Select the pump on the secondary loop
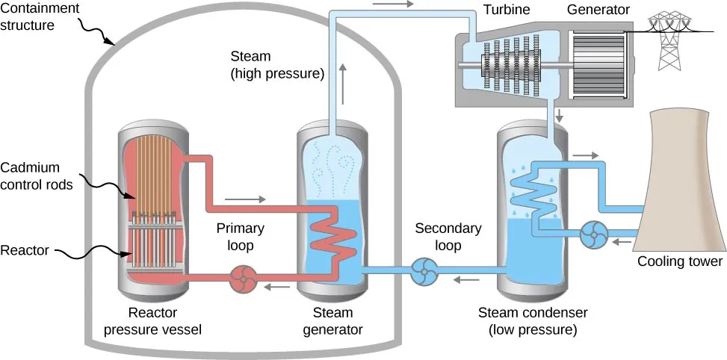(424, 271)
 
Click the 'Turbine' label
(525, 10)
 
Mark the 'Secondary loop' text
(448, 236)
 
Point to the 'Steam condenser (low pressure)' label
(532, 320)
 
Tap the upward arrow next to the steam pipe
(343, 82)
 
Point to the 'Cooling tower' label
(679, 261)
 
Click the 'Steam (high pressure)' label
(276, 66)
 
